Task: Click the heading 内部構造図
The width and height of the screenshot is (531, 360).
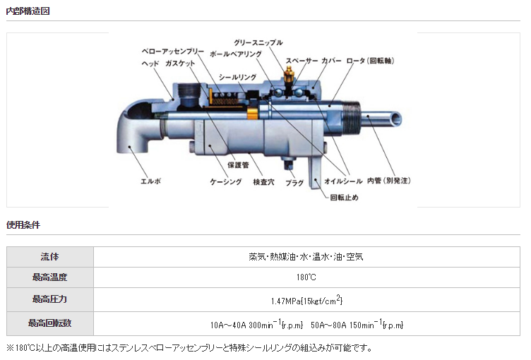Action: [28, 11]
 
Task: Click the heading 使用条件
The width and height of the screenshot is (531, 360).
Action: [23, 225]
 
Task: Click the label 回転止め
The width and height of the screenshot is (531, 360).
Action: [345, 197]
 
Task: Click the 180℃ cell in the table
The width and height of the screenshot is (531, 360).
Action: [306, 278]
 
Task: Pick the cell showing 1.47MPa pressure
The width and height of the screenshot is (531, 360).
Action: [306, 301]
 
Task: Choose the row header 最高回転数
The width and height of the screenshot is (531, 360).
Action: [50, 323]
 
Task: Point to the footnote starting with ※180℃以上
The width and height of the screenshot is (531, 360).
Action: [189, 348]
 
